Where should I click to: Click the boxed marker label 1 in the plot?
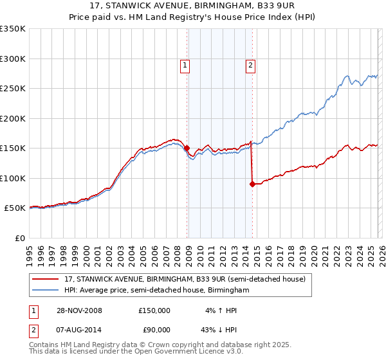[185, 64]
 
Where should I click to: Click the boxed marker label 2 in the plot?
[250, 64]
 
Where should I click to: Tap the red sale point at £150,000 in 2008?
[187, 148]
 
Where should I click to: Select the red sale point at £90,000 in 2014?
[252, 184]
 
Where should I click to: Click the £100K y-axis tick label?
[14, 178]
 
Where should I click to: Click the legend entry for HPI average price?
[156, 291]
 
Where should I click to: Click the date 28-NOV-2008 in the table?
[75, 310]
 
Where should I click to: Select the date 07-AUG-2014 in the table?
[75, 330]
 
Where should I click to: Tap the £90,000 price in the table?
[154, 330]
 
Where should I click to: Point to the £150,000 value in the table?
[154, 310]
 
